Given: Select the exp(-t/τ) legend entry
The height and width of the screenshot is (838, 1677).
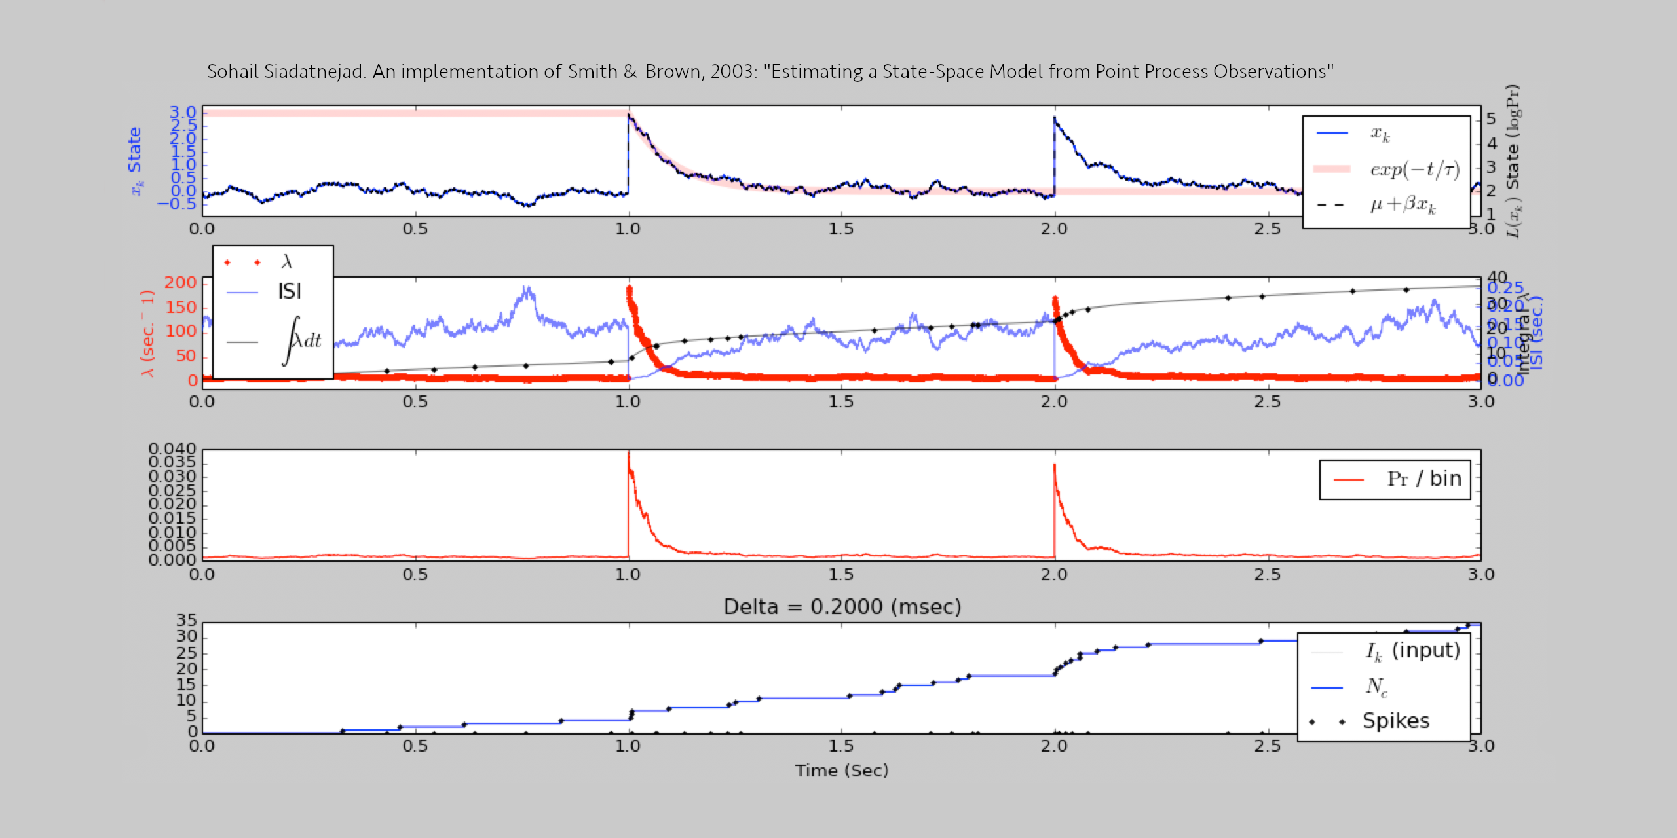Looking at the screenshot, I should click(1415, 170).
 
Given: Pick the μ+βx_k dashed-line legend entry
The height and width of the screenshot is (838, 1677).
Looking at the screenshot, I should click(1403, 206).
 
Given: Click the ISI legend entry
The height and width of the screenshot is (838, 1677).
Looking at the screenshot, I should click(290, 291).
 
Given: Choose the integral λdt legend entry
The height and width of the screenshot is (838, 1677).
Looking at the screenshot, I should click(301, 341).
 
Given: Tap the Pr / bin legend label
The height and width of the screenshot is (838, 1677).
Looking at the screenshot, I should click(1423, 479).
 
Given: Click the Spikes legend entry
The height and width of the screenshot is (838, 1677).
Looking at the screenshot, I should click(1395, 721).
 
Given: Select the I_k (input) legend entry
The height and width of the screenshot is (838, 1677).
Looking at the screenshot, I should click(1412, 651).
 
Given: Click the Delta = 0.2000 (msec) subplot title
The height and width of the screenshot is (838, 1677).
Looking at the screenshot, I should click(842, 607).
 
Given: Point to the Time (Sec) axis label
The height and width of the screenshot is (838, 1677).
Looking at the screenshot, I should click(842, 771).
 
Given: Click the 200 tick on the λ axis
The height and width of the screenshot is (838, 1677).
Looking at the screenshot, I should click(180, 283).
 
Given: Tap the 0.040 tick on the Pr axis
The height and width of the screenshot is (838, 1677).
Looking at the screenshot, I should click(172, 449).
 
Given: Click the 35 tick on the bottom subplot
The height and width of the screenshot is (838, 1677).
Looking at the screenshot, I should click(187, 621).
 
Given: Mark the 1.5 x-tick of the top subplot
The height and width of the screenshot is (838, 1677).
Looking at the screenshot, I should click(841, 229).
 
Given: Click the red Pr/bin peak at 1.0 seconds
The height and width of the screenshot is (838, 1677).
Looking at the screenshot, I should click(629, 454).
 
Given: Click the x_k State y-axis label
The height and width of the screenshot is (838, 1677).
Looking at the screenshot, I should click(135, 160).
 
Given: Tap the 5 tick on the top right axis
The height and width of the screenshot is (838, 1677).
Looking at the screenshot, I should click(1491, 119).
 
